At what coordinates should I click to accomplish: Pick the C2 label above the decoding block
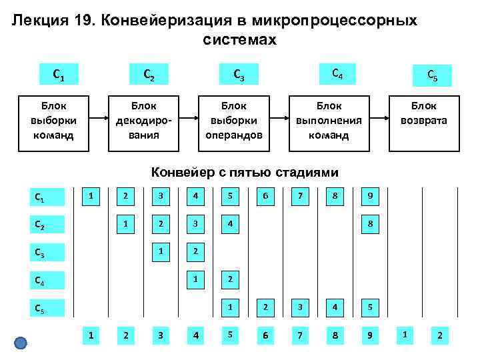coord(149,73)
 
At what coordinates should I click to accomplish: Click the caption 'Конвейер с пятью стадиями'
coord(245,172)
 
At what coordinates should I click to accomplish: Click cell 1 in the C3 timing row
coord(160,251)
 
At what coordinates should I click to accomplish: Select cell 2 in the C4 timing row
coord(230,279)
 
